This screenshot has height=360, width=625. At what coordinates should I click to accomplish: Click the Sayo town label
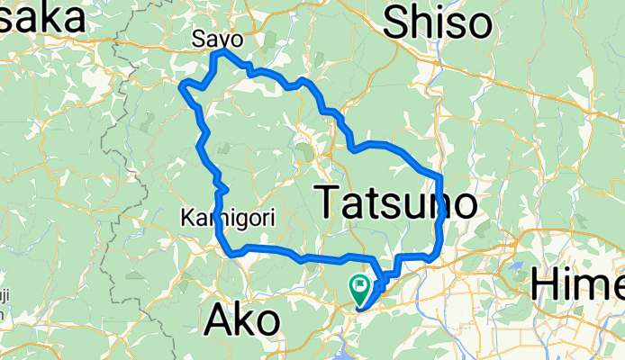pos(218,39)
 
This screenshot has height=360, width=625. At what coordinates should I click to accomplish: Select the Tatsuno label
pos(396,202)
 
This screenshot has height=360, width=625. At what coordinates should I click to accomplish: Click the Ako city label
pos(242,320)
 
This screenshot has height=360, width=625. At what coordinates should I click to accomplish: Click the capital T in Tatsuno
pos(330,202)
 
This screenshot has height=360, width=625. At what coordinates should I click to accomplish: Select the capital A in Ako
pos(221,320)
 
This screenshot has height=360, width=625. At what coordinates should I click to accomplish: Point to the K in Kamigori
pos(186,218)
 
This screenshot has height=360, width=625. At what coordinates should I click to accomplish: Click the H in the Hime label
pos(546,285)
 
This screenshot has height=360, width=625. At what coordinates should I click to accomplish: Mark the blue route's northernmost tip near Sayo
pos(219,52)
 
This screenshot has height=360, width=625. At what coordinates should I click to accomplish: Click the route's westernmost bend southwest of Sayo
pos(184,86)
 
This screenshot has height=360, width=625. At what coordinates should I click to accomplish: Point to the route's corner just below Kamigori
pos(232,253)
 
